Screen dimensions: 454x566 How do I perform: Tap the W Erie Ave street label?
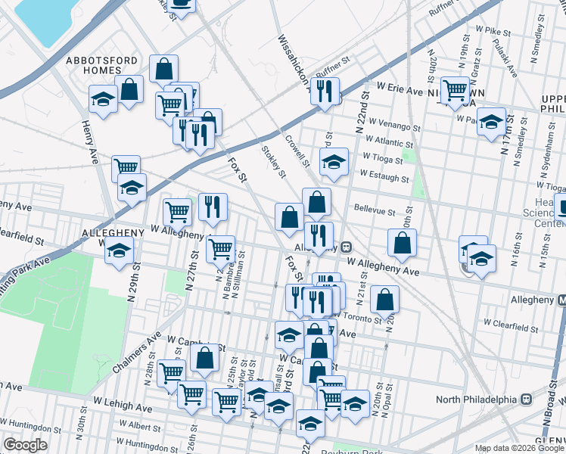(x=396, y=90)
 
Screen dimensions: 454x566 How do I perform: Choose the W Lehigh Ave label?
(x=123, y=406)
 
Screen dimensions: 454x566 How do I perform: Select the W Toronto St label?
(x=355, y=319)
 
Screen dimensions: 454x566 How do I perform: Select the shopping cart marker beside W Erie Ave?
(x=455, y=90)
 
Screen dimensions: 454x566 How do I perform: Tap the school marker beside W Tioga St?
(x=334, y=161)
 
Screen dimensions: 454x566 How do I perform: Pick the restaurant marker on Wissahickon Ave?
(x=325, y=91)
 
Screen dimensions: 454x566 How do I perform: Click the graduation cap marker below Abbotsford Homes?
(x=103, y=100)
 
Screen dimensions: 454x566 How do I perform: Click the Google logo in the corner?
(x=25, y=445)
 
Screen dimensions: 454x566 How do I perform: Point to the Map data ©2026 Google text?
(x=519, y=448)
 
